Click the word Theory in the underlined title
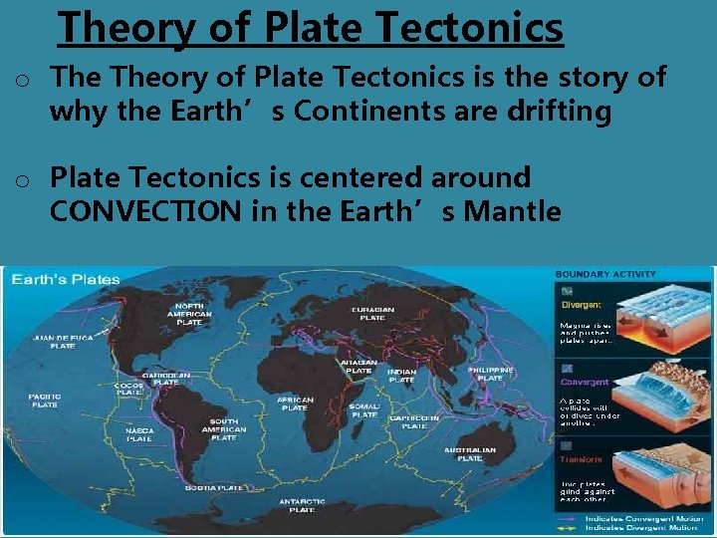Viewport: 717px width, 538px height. tap(127, 29)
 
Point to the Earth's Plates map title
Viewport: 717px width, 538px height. tap(66, 279)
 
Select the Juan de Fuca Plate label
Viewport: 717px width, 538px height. tap(64, 342)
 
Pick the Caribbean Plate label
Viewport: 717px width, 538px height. tap(165, 379)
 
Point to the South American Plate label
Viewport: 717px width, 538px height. tap(223, 429)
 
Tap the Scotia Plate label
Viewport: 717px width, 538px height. tap(216, 487)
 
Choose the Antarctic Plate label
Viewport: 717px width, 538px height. tap(301, 504)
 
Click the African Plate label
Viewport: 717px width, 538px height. tap(295, 403)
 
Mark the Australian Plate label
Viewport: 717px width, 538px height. tap(470, 454)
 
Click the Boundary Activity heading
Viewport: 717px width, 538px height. tap(605, 274)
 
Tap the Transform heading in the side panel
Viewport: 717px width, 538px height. tap(581, 460)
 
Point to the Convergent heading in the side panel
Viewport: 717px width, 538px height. tap(586, 382)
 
